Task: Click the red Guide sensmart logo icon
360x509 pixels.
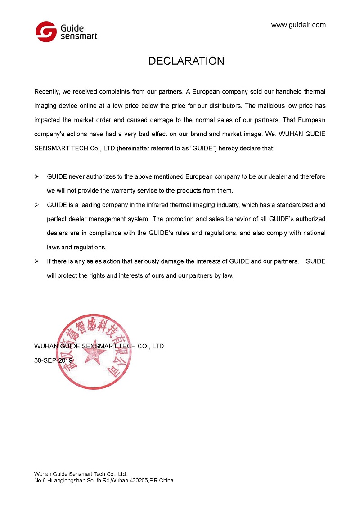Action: (46, 32)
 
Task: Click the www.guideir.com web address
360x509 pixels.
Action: (298, 25)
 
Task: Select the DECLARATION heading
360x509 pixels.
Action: (186, 61)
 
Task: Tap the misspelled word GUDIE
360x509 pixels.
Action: (315, 135)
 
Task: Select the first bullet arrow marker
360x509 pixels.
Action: (37, 176)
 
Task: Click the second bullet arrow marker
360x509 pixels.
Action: (37, 205)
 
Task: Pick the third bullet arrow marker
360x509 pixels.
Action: (37, 261)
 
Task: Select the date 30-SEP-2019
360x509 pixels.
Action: (54, 360)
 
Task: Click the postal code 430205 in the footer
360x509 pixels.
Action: (140, 480)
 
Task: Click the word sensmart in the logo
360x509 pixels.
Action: (79, 36)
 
